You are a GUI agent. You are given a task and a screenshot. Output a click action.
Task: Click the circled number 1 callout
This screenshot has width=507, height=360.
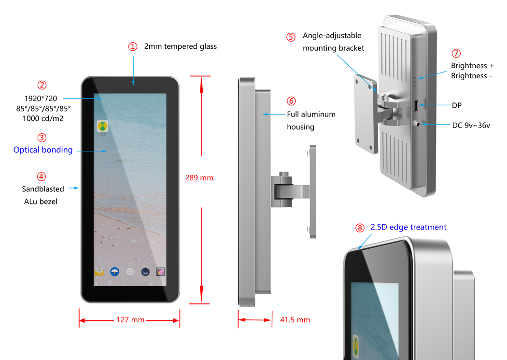point(133,46)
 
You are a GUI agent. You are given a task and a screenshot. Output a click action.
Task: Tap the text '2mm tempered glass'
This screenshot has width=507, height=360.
point(181,46)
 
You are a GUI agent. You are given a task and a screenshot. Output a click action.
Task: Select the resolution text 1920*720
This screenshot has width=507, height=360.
point(41,98)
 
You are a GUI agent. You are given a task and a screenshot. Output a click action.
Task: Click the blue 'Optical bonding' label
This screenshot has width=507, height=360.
point(43,150)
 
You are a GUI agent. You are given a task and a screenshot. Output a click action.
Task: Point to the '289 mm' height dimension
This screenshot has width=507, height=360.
point(199,178)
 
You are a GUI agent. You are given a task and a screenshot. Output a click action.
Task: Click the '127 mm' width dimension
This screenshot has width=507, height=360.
point(130,320)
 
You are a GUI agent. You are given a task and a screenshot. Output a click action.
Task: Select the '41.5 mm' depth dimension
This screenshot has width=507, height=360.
point(295,320)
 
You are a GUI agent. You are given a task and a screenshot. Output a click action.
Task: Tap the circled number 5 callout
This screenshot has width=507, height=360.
point(291,37)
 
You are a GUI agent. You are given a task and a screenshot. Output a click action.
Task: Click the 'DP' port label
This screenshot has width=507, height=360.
point(457,105)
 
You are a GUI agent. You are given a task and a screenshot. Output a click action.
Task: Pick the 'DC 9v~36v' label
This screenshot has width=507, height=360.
point(471,126)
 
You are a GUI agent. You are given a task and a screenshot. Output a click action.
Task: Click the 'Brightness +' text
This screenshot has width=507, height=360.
point(472,66)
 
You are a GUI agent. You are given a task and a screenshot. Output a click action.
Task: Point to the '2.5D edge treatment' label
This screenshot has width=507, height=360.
point(408,227)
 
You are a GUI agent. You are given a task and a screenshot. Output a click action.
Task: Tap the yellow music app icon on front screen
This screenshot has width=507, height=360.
point(102,126)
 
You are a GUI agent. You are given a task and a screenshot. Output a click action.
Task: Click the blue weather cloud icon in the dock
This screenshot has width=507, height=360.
point(114,272)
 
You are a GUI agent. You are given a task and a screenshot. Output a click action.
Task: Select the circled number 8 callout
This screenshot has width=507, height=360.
point(360,228)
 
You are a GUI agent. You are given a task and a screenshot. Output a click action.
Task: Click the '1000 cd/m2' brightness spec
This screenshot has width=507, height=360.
point(43,119)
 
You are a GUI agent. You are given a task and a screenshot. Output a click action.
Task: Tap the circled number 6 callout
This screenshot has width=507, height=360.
point(291,101)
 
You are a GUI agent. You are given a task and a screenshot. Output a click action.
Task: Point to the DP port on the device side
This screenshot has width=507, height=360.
point(416,105)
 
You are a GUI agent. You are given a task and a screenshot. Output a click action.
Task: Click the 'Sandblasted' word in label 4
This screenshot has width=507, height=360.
point(43,189)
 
